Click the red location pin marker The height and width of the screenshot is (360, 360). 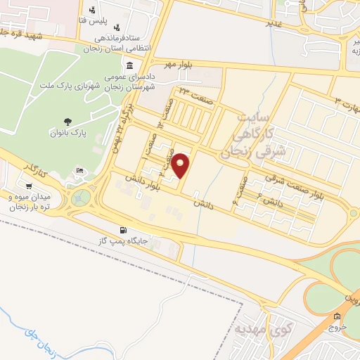point(181,166)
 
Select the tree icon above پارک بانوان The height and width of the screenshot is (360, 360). point(67,121)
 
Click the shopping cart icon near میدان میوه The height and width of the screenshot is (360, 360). point(28,186)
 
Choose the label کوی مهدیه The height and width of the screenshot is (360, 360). point(259,328)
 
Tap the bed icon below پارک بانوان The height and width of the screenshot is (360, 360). point(80,171)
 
